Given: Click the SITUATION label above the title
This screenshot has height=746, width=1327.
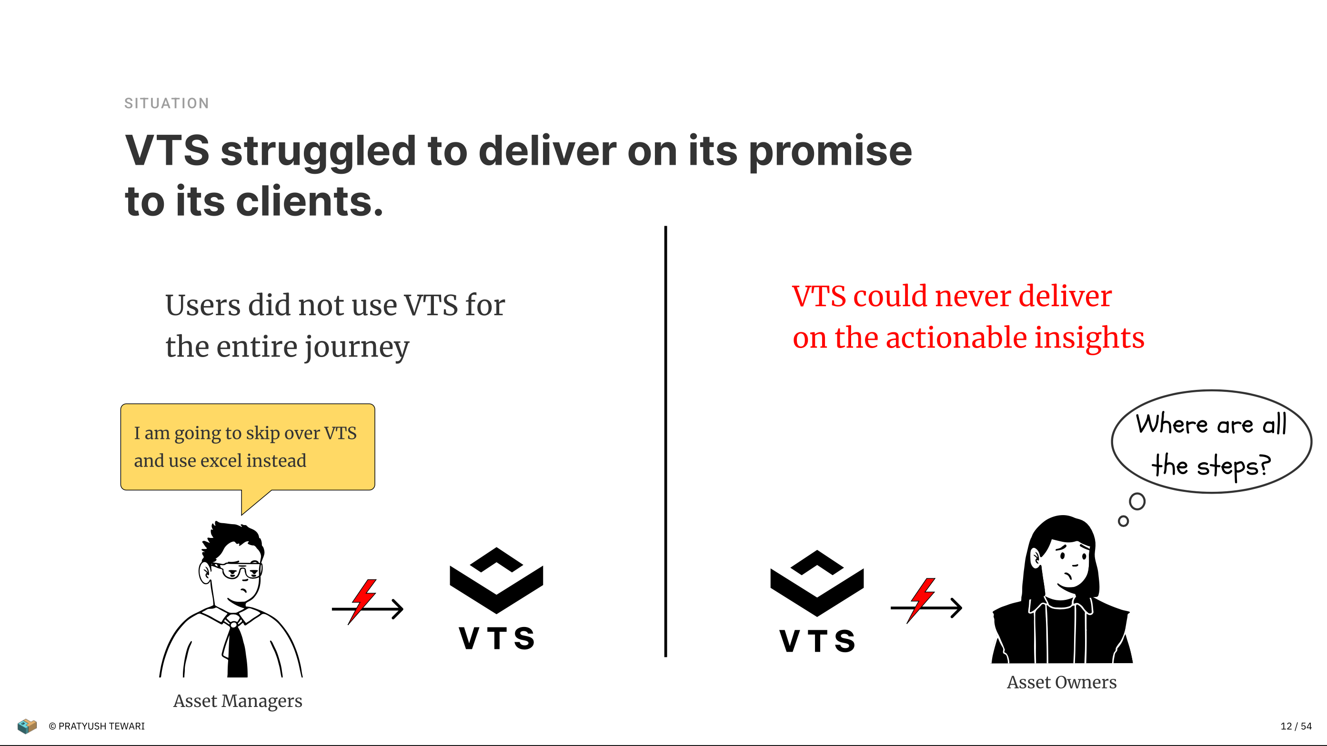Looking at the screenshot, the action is click(x=166, y=103).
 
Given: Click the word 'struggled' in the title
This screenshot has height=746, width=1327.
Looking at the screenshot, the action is click(x=318, y=152).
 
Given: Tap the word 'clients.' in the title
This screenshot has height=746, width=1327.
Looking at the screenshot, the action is click(x=310, y=201).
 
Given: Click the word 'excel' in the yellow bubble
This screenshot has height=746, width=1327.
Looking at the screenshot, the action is click(x=221, y=461).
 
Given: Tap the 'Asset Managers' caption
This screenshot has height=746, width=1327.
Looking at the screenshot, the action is click(x=238, y=701).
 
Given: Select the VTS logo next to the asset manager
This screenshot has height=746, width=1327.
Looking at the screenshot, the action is click(x=497, y=598).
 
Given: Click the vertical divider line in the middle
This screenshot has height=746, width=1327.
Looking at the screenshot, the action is click(x=665, y=441).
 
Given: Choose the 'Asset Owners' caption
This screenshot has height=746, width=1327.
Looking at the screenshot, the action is click(x=1062, y=682).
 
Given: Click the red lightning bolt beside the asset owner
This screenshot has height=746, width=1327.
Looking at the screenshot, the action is click(x=922, y=600).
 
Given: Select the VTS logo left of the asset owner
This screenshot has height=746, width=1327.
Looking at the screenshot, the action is click(x=817, y=601).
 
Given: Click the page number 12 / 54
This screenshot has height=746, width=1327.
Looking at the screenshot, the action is click(x=1296, y=726).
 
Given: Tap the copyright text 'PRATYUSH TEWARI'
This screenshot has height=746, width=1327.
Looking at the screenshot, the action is click(x=101, y=726).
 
